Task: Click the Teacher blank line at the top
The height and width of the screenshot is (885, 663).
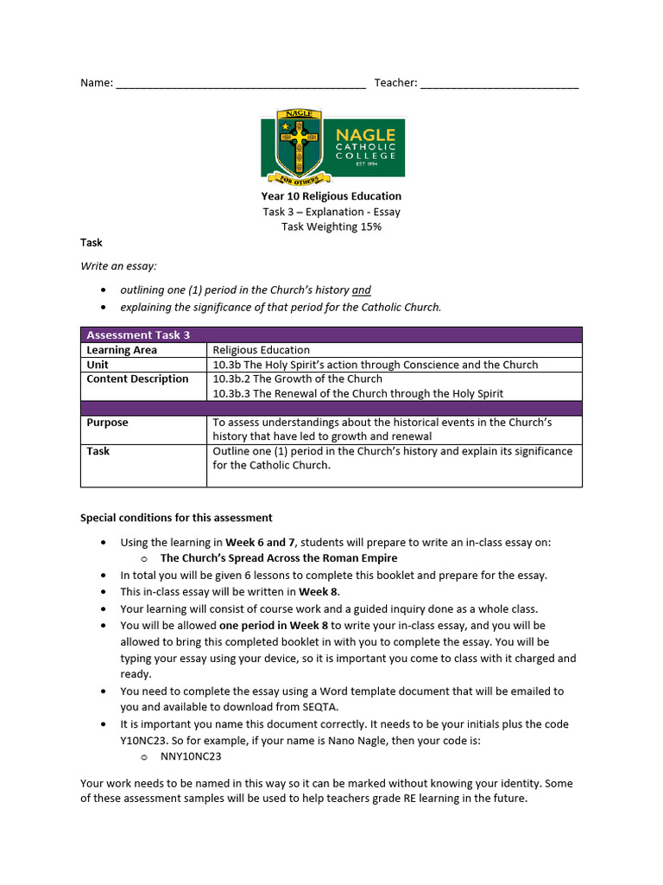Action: click(x=500, y=85)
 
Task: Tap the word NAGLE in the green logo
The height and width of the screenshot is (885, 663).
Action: click(x=365, y=135)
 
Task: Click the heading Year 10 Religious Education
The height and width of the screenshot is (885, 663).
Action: click(x=331, y=196)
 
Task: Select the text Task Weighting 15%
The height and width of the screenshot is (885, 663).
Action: click(x=331, y=227)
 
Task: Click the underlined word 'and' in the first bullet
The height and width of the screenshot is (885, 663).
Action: click(x=362, y=290)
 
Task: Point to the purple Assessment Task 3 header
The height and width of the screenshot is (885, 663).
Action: click(x=331, y=335)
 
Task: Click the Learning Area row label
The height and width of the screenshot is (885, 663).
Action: click(x=122, y=350)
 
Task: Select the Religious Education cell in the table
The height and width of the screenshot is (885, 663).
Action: click(x=261, y=350)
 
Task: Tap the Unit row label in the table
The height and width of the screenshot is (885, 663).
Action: click(x=98, y=365)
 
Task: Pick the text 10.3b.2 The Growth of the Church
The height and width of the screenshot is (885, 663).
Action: click(x=297, y=379)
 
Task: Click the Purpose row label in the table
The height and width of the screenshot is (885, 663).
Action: click(x=107, y=423)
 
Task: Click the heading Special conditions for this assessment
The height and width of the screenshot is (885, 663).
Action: click(x=176, y=518)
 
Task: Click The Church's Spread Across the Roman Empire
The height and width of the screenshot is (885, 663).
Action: click(x=279, y=558)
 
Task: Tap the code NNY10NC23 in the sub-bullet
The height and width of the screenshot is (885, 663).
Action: click(x=191, y=756)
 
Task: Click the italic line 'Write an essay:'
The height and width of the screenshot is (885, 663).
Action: click(x=118, y=266)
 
